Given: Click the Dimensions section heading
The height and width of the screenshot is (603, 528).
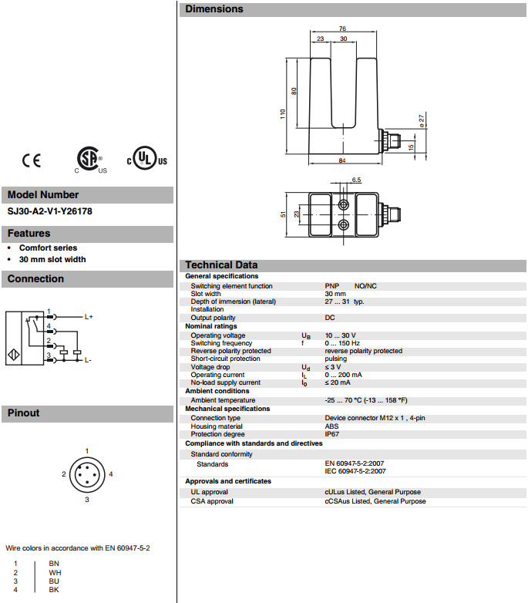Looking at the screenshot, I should [x=214, y=9].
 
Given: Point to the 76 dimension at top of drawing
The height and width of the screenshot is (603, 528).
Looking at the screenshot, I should [x=341, y=29].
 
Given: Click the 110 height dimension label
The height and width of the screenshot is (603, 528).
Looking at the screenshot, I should [x=283, y=113].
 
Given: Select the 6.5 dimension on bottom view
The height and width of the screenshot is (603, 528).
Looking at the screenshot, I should [x=356, y=180].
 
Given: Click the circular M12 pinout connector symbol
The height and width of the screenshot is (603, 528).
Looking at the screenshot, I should [x=87, y=474].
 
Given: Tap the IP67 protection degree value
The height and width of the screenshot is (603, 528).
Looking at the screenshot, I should [x=333, y=434].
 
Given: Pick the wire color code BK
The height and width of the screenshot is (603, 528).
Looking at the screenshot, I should [x=54, y=589].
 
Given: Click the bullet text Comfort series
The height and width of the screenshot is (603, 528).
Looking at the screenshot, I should [x=48, y=248].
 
